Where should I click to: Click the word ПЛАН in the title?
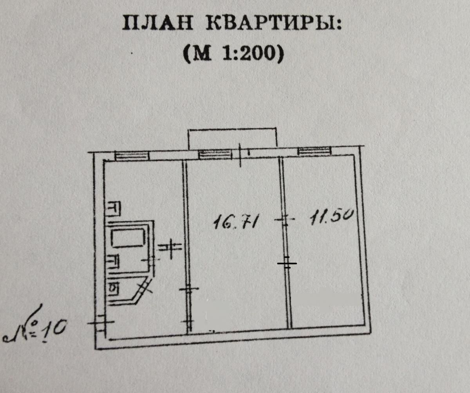click(x=157, y=23)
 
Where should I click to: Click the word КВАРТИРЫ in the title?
click(x=274, y=23)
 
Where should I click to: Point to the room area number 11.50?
click(x=331, y=217)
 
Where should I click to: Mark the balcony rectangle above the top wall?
click(x=232, y=138)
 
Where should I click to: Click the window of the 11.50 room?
click(x=314, y=151)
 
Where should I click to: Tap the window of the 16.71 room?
click(x=215, y=154)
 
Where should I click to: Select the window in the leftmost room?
click(x=132, y=156)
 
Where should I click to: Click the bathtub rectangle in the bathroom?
click(x=128, y=238)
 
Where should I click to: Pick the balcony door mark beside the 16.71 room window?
click(x=240, y=155)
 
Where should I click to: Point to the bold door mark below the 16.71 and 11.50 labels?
click(x=287, y=263)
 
